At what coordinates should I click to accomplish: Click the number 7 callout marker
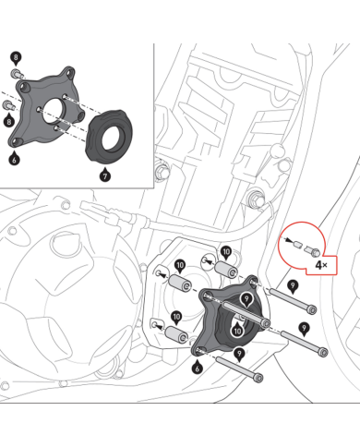pyautogui.click(x=105, y=175)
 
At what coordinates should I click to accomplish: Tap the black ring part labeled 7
pyautogui.click(x=109, y=136)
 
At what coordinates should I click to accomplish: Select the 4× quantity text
pyautogui.click(x=321, y=265)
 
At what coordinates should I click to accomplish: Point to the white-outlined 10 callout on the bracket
pyautogui.click(x=237, y=330)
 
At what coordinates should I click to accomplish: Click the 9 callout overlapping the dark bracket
pyautogui.click(x=246, y=299)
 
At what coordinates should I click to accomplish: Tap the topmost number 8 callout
pyautogui.click(x=16, y=58)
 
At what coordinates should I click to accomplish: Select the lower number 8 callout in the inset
pyautogui.click(x=9, y=121)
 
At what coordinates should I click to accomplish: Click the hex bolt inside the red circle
pyautogui.click(x=312, y=250)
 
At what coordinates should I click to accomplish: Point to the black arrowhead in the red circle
pyautogui.click(x=288, y=240)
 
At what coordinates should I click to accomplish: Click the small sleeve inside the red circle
pyautogui.click(x=296, y=245)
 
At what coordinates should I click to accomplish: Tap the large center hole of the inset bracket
pyautogui.click(x=54, y=110)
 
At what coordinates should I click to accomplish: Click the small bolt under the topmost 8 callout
pyautogui.click(x=18, y=74)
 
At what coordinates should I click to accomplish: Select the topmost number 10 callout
pyautogui.click(x=226, y=253)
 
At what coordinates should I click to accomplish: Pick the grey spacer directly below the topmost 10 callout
pyautogui.click(x=226, y=270)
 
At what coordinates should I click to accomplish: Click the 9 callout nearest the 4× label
pyautogui.click(x=293, y=286)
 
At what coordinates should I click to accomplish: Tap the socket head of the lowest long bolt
pyautogui.click(x=258, y=378)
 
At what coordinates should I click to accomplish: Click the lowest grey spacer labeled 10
pyautogui.click(x=176, y=334)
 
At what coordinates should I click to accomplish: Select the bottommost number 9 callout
pyautogui.click(x=239, y=354)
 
